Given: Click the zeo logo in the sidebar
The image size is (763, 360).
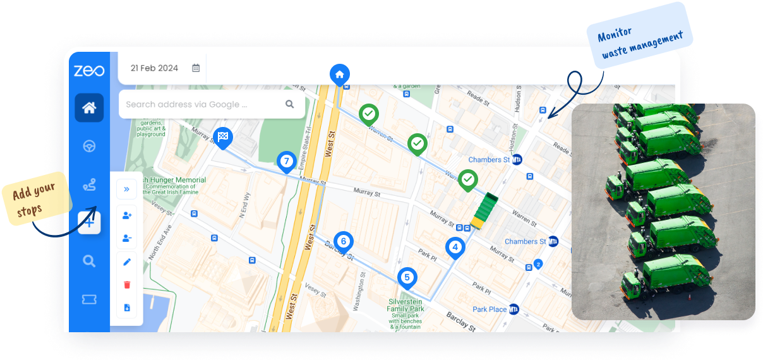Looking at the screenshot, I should (89, 71).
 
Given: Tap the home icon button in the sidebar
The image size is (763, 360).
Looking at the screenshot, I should (89, 107).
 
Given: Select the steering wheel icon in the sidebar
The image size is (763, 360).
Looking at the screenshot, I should (89, 147).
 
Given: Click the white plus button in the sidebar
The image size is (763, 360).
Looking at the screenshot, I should (89, 222).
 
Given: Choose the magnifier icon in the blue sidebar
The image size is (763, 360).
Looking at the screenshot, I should (89, 261).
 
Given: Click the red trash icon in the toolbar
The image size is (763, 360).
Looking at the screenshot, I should (127, 285).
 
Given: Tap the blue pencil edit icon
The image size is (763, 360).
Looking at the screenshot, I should (127, 261).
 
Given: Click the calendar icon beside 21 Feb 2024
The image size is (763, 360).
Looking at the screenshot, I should (196, 68).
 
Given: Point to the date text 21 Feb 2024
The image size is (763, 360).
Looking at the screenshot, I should (154, 68).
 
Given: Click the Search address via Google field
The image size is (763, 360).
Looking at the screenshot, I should (202, 104).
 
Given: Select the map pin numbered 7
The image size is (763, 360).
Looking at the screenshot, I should (287, 162).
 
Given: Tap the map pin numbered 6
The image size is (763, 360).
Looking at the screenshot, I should (343, 241).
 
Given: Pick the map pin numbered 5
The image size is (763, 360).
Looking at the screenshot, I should (407, 277).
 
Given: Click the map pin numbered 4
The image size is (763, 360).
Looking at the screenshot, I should (455, 248).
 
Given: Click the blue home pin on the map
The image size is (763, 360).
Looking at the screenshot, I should (339, 75).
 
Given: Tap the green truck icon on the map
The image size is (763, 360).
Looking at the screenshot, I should (484, 211).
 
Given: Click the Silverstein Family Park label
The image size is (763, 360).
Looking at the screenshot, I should (406, 305).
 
